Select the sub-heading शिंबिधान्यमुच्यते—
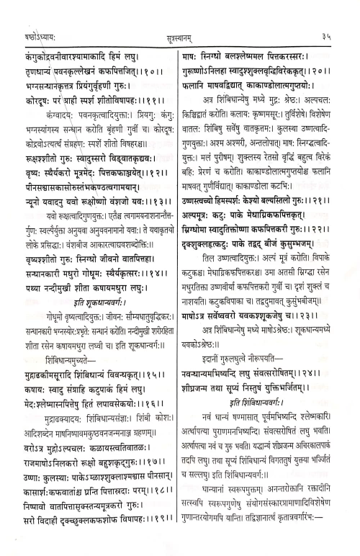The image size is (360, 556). [x=71, y=379]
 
